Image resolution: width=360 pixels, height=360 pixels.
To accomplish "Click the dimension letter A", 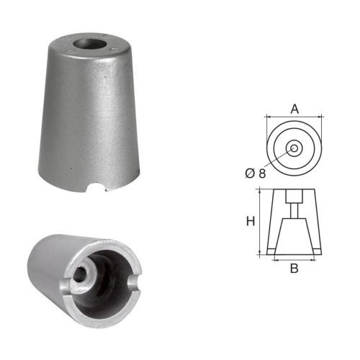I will [x=294, y=109].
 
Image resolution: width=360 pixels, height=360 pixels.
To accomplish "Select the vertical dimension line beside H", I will [x=258, y=221].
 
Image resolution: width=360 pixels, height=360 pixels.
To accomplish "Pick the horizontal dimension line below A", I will [x=294, y=117].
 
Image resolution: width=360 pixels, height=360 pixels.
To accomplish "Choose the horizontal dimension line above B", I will [x=294, y=261].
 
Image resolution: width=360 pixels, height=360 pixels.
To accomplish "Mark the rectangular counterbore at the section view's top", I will [x=294, y=196].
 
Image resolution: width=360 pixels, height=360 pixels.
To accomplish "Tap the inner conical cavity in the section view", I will [x=294, y=234].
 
